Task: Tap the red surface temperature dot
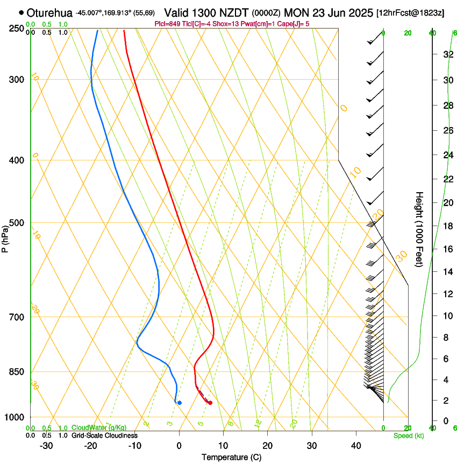(x=210, y=403)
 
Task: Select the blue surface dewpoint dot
(x=180, y=403)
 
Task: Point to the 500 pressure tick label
(x=17, y=223)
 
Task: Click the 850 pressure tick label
(x=17, y=372)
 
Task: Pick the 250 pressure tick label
(x=17, y=29)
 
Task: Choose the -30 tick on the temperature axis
(x=46, y=446)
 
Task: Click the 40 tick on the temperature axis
(x=356, y=446)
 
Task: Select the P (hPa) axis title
(x=5, y=237)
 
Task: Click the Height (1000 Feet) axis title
(x=420, y=229)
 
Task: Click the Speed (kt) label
(x=409, y=436)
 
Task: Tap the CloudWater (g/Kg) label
(x=99, y=428)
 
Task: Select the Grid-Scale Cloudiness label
(x=104, y=436)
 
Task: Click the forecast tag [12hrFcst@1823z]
(x=410, y=12)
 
